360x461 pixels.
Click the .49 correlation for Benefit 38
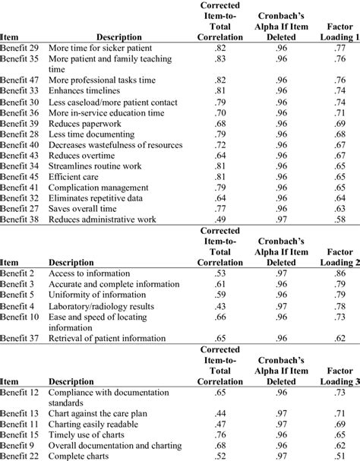[218, 219]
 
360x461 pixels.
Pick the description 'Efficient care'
[75, 176]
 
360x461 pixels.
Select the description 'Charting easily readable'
[97, 423]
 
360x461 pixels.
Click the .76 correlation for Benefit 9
[218, 444]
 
